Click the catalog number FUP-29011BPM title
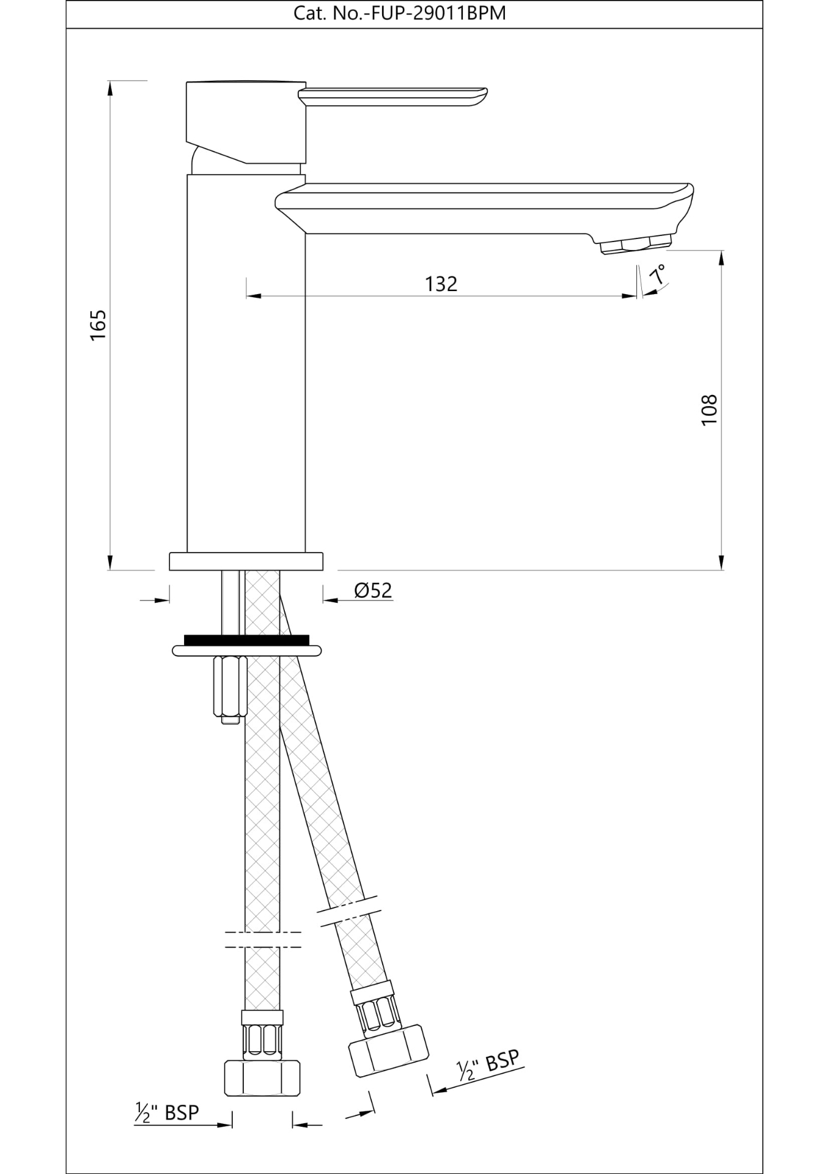click(400, 13)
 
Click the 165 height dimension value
click(98, 325)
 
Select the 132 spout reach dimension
click(441, 284)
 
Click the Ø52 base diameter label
click(373, 590)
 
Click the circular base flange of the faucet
click(246, 561)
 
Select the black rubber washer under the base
click(246, 640)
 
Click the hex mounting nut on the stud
click(229, 685)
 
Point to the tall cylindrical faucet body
click(246, 367)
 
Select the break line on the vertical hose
click(263, 940)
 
